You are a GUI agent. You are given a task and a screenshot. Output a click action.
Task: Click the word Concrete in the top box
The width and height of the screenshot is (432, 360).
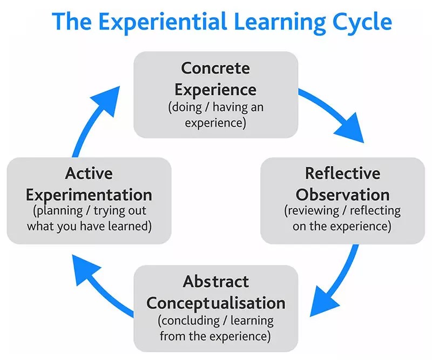[x=215, y=69]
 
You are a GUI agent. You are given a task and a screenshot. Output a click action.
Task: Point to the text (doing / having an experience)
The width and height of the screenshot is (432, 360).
[x=215, y=114]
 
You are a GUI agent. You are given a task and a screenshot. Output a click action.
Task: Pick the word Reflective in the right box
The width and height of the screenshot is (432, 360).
[x=342, y=174]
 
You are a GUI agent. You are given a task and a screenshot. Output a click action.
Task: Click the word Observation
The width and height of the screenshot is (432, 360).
[x=342, y=194]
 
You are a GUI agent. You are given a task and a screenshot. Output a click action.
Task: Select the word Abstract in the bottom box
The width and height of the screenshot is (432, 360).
[x=215, y=282]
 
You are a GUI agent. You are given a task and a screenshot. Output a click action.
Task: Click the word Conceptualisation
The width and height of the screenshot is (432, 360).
[x=215, y=302]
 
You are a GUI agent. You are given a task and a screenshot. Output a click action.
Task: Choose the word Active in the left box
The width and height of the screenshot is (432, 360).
[x=89, y=174]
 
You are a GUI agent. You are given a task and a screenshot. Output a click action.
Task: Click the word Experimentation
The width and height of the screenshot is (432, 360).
[x=89, y=194]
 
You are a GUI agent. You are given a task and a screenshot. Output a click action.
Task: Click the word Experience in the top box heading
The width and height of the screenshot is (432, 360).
[x=215, y=89]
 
